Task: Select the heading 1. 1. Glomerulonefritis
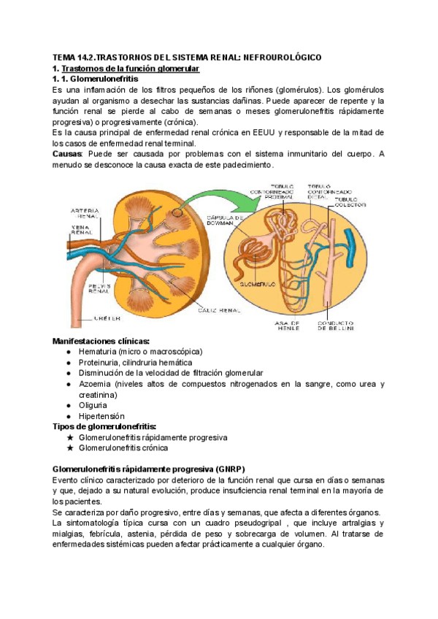click(x=96, y=78)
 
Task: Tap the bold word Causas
click(x=67, y=154)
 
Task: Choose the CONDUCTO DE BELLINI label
click(x=336, y=326)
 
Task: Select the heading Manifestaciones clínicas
click(x=101, y=341)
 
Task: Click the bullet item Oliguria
click(x=93, y=405)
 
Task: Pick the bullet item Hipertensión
click(x=101, y=416)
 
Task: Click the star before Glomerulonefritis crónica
click(x=70, y=447)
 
